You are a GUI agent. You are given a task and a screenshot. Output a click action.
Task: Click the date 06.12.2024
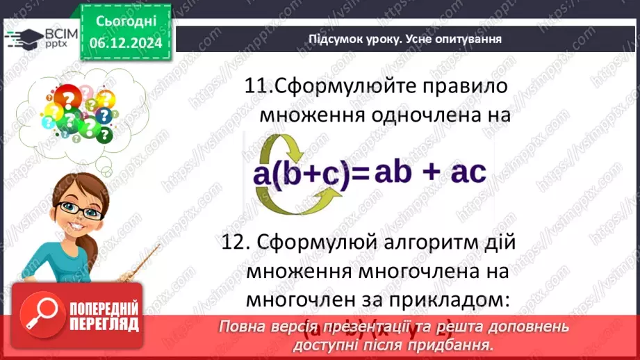126,42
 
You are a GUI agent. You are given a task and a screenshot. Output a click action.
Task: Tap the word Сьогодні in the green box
126,22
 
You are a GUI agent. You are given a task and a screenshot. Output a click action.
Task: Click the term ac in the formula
467,172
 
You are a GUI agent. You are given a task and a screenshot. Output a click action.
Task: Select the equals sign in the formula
360,174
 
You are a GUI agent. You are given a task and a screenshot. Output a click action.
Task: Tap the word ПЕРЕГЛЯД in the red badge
105,325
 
